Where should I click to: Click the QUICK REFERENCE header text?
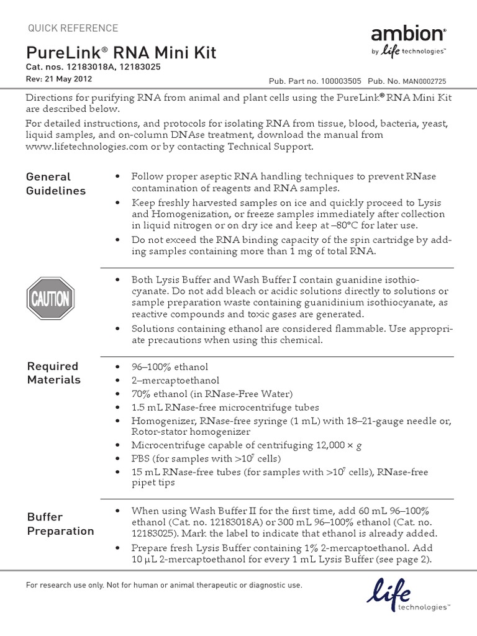click(x=73, y=28)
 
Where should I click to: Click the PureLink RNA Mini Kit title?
click(x=121, y=52)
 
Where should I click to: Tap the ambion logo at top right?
click(x=408, y=39)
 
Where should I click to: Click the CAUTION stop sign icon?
click(x=50, y=299)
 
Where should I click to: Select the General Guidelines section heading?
click(x=56, y=184)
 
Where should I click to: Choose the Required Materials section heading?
click(x=54, y=373)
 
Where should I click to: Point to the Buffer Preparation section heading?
click(x=60, y=524)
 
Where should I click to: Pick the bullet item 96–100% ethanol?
click(x=170, y=367)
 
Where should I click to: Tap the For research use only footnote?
click(x=164, y=585)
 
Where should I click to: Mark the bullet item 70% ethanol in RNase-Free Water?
click(x=212, y=394)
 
